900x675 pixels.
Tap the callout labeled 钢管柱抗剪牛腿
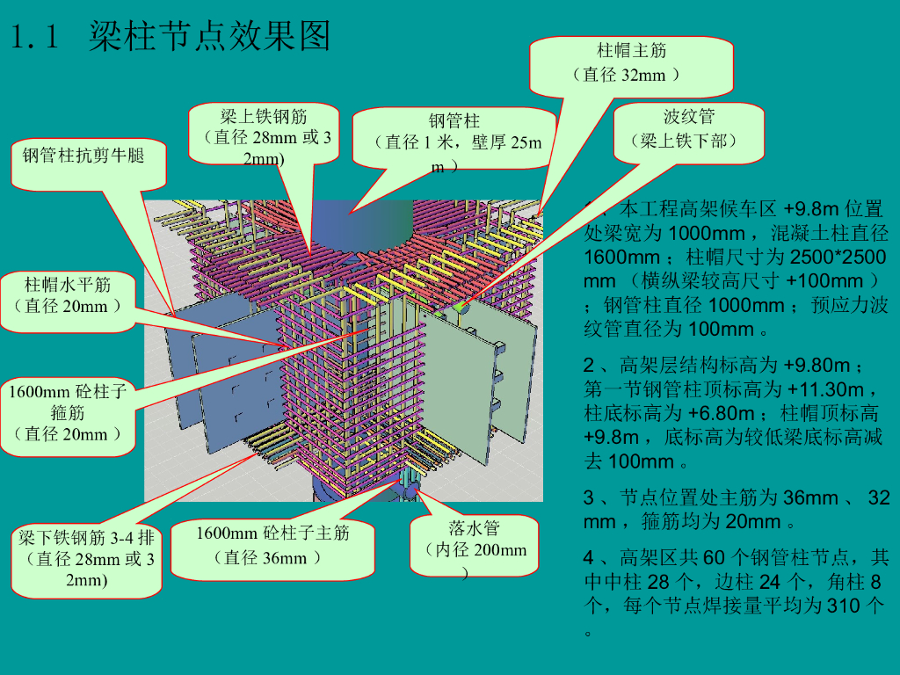click(x=83, y=156)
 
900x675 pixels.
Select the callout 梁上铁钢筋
click(x=265, y=135)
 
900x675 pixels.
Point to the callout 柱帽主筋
click(x=631, y=63)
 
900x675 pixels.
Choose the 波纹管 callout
click(x=688, y=130)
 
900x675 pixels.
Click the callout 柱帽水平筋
click(x=68, y=295)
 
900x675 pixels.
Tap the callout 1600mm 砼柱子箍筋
click(x=68, y=413)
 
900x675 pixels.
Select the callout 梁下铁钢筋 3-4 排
click(x=87, y=559)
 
